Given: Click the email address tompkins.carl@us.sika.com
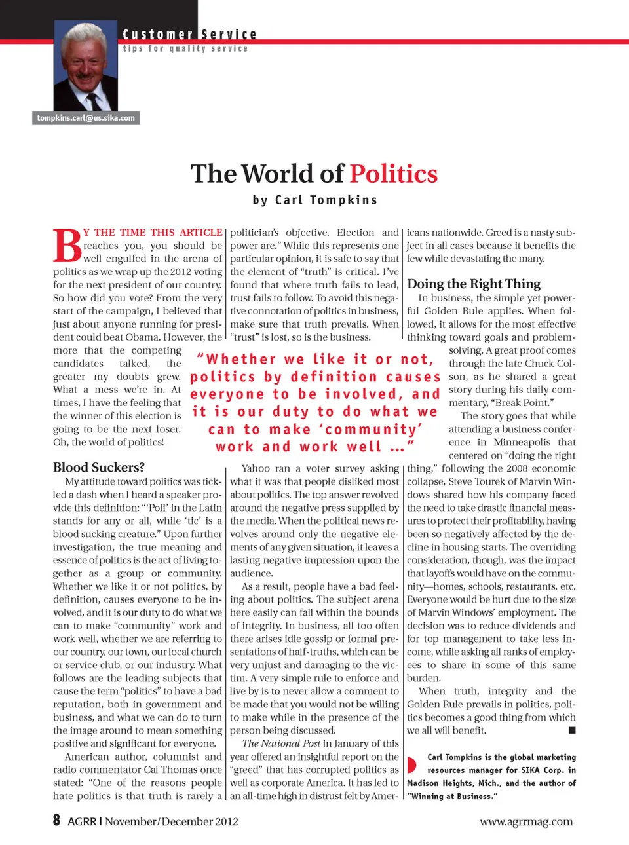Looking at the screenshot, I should coord(86,118).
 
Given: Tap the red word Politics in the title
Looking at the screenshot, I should coord(393,174).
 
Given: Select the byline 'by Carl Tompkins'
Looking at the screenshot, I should coord(314,200).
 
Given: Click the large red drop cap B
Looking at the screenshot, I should coord(67,246).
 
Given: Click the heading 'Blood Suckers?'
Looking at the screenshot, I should coord(99,467).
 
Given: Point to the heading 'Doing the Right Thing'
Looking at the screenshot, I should coord(474,284).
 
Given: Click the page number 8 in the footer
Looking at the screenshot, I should coord(56,820).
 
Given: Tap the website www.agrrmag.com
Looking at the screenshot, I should coord(526,821).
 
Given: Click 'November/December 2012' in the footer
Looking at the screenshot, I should coord(172,821).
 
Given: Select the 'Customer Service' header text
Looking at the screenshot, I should coord(189,35).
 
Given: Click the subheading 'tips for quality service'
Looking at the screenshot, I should coord(185,48).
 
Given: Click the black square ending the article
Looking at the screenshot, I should coord(572,730).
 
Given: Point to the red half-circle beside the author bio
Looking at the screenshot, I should coord(411,764).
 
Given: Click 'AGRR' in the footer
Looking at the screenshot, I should coord(82,821).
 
